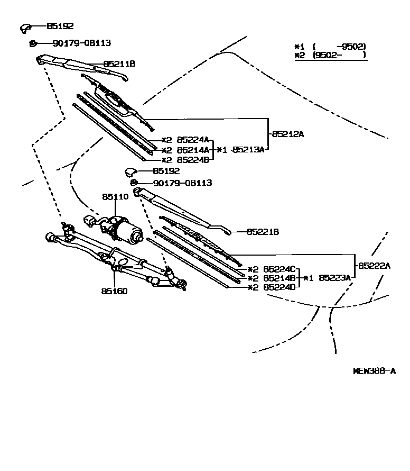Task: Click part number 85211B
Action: point(119,64)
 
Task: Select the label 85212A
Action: point(288,134)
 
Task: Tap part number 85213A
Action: point(248,150)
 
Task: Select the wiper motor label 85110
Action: point(115,196)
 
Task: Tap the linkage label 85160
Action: point(115,291)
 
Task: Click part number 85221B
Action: point(263,232)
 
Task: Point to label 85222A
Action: point(374,266)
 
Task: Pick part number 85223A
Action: point(333,277)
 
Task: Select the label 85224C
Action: point(279,268)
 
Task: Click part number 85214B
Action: point(279,278)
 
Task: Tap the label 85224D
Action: point(279,287)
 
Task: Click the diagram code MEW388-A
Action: point(374,371)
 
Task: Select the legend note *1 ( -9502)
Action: point(330,47)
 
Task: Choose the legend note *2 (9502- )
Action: point(330,55)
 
